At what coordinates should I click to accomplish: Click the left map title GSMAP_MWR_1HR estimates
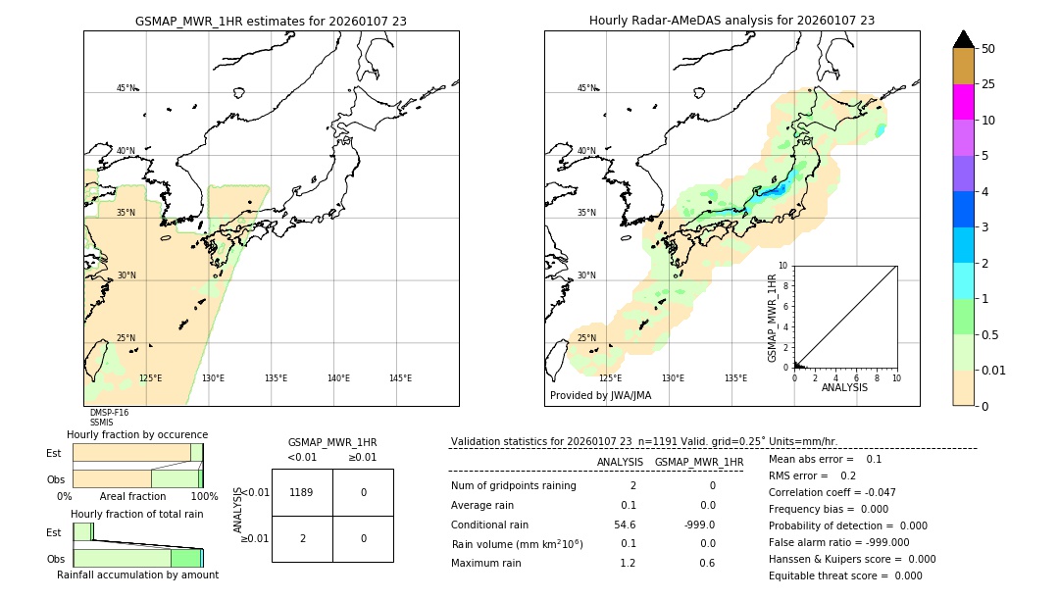pos(271,21)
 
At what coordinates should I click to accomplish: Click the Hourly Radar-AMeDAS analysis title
pos(731,21)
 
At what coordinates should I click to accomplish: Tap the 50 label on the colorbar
pos(988,49)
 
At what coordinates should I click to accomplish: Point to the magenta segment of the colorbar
pos(963,102)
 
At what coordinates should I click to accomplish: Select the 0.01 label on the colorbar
pos(994,371)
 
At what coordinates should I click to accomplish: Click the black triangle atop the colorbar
pos(963,39)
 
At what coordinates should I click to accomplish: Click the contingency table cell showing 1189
pos(302,492)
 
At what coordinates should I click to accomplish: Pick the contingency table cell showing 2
pos(302,538)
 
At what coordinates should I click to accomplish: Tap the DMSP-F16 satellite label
pos(109,413)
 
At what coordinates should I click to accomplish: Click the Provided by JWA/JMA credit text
pos(600,396)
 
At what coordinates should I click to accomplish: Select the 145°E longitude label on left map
pos(400,378)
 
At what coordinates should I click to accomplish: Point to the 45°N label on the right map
pos(586,88)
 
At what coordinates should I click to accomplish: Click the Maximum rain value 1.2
pos(628,563)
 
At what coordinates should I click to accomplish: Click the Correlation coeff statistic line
pos(832,492)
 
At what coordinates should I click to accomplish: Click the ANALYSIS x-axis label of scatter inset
pos(844,387)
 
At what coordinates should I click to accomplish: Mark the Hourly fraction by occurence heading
pos(137,434)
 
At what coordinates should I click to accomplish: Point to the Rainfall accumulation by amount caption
pos(137,575)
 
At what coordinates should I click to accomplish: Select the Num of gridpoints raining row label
pos(513,486)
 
